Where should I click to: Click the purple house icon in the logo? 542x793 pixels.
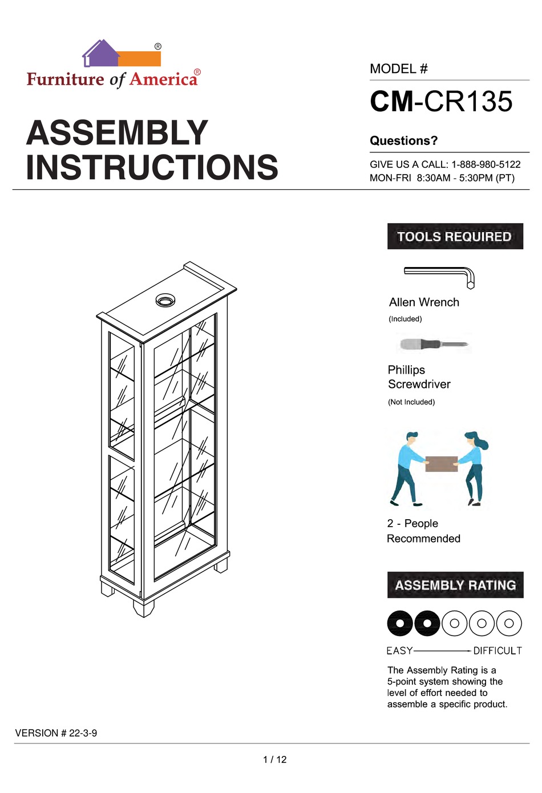(100, 54)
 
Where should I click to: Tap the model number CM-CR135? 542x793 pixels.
(441, 102)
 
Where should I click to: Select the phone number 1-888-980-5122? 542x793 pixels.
(486, 164)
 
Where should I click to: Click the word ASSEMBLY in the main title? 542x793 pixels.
(117, 133)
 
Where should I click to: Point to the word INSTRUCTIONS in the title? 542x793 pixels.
(152, 167)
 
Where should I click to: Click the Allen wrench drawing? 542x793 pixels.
(439, 275)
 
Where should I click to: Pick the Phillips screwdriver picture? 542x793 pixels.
(434, 345)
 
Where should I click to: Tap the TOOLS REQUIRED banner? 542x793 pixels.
(455, 236)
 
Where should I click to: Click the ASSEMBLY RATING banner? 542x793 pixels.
(455, 585)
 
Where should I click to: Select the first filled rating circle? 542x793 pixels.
(400, 623)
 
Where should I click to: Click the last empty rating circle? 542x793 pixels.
(509, 623)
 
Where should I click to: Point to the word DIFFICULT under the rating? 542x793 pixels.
(497, 650)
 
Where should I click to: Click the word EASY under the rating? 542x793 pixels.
(399, 650)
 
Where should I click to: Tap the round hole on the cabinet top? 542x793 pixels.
(165, 300)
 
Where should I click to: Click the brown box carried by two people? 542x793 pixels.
(442, 463)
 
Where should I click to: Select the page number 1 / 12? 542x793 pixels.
(274, 759)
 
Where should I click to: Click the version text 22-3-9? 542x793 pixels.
(83, 733)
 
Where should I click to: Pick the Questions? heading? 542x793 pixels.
(403, 141)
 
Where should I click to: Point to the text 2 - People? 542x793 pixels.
(412, 523)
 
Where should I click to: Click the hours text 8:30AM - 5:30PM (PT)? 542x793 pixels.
(466, 178)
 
